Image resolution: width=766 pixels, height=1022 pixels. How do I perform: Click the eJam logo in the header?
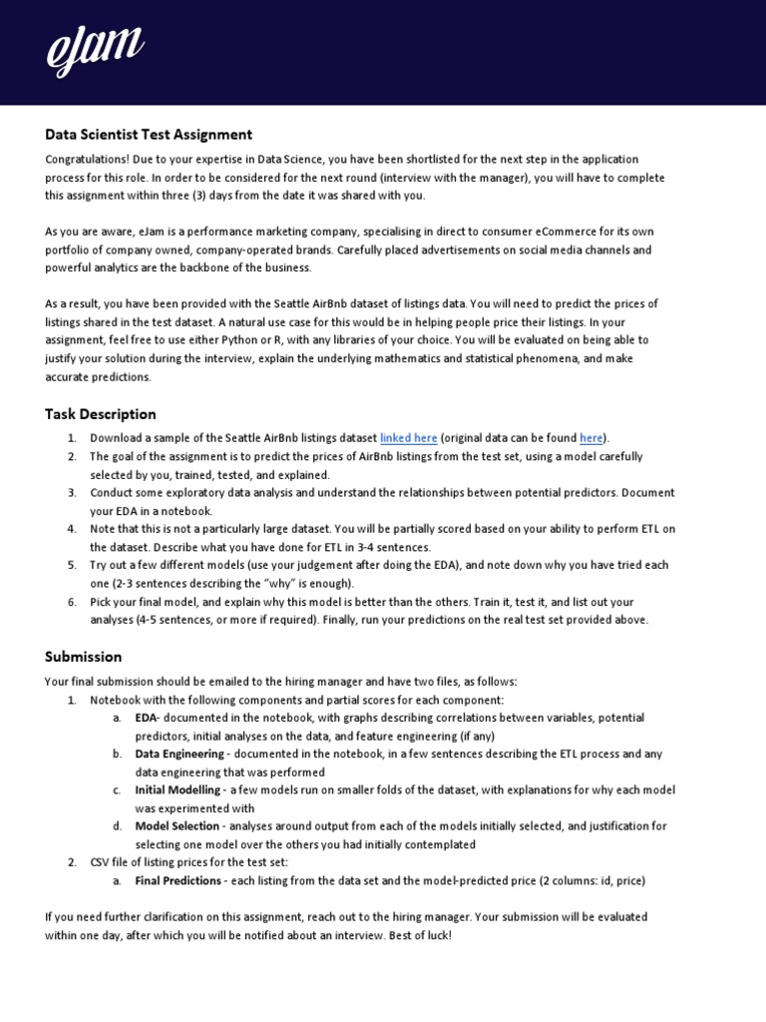(96, 51)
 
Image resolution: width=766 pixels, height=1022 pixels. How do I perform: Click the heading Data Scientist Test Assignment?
(149, 134)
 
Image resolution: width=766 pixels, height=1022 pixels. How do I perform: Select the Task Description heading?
(101, 413)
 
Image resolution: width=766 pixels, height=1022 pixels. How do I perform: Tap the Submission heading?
(84, 657)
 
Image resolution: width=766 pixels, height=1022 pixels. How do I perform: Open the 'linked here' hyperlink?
(408, 438)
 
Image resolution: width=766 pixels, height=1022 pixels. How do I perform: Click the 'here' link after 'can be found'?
(590, 438)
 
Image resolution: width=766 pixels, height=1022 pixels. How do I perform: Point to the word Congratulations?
(86, 160)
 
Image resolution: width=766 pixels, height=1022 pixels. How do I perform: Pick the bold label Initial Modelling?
(178, 790)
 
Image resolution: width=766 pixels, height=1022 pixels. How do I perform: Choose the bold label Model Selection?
(177, 826)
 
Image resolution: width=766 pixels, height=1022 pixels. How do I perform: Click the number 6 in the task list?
(73, 602)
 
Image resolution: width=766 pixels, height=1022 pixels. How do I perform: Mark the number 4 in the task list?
(73, 529)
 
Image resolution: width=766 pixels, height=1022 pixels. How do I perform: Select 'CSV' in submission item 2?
(101, 862)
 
